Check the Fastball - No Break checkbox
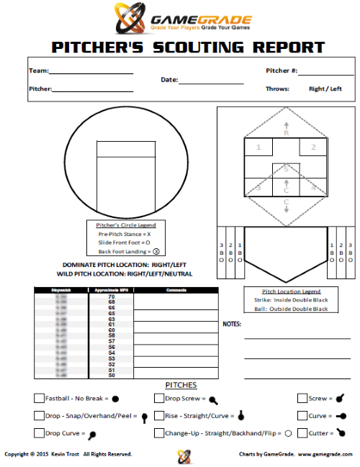pyautogui.click(x=38, y=398)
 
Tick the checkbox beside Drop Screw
pyautogui.click(x=158, y=398)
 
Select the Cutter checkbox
pyautogui.click(x=302, y=433)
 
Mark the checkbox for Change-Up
pyautogui.click(x=158, y=433)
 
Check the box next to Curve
pyautogui.click(x=302, y=416)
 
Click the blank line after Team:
pyautogui.click(x=91, y=73)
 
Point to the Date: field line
pyautogui.click(x=211, y=83)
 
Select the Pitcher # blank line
pyautogui.click(x=325, y=74)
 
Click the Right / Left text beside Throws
pyautogui.click(x=326, y=89)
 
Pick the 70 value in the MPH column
pyautogui.click(x=112, y=296)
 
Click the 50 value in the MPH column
pyautogui.click(x=112, y=375)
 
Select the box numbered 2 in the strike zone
pyautogui.click(x=313, y=148)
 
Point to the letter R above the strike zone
pyautogui.click(x=286, y=133)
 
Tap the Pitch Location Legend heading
pyautogui.click(x=285, y=291)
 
